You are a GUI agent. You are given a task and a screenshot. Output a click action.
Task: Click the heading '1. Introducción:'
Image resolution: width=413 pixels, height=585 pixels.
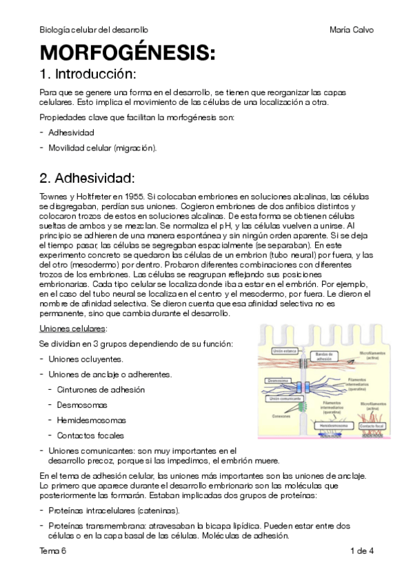click(x=88, y=74)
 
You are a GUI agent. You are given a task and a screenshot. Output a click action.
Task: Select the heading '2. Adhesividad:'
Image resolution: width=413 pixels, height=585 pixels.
click(x=87, y=179)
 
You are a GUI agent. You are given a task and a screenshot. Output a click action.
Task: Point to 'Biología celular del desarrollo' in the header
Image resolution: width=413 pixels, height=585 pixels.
click(x=94, y=30)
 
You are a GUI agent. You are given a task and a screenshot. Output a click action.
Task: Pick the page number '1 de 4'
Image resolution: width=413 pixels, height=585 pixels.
click(x=361, y=551)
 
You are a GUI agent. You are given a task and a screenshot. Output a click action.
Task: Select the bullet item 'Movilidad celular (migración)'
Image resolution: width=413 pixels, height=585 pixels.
click(x=103, y=147)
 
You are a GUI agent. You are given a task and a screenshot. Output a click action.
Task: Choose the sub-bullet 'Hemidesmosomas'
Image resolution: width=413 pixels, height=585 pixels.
click(x=87, y=420)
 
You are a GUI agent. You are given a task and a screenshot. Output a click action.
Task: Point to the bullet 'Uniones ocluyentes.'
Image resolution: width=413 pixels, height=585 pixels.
click(x=86, y=359)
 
